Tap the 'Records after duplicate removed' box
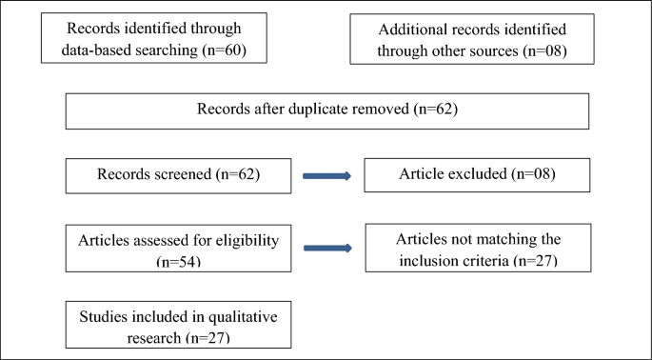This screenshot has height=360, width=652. pyautogui.click(x=327, y=110)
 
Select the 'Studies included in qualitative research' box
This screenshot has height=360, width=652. pyautogui.click(x=178, y=325)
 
